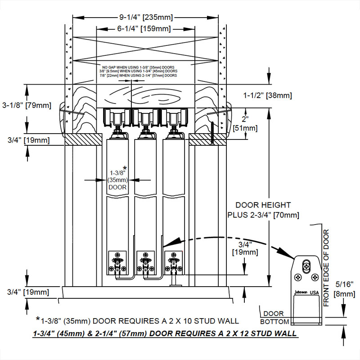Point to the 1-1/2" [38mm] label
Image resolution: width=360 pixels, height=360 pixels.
(268, 95)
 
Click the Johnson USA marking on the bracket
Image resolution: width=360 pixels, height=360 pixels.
(306, 292)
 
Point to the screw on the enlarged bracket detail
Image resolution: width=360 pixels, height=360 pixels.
(306, 265)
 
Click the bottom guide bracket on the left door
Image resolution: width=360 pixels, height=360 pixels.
(118, 263)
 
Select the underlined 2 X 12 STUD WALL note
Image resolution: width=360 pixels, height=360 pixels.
(165, 333)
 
